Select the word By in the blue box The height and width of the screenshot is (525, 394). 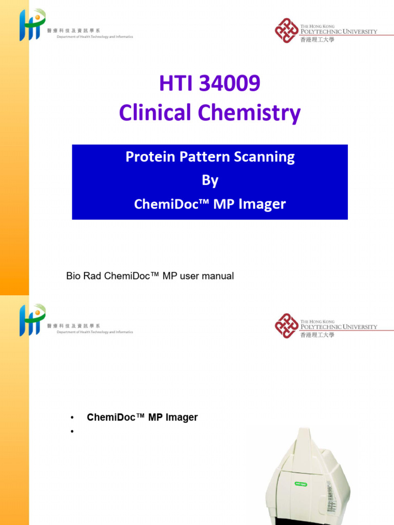[x=210, y=180]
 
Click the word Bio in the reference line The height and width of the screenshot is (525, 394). [x=74, y=276]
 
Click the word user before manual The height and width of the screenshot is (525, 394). [x=191, y=276]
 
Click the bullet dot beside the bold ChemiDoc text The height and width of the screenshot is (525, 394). [x=73, y=418]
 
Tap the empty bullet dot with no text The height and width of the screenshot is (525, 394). [x=73, y=431]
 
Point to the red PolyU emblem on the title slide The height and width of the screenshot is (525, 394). [x=286, y=31]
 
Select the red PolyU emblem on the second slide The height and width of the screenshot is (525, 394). [x=286, y=326]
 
